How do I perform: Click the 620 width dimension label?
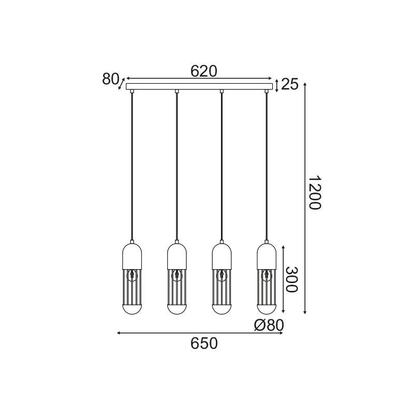(x=204, y=71)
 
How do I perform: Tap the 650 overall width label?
(x=204, y=344)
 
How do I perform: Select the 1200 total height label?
(x=315, y=193)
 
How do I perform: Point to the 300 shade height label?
(x=291, y=279)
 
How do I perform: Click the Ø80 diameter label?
(x=269, y=325)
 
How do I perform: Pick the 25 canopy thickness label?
(x=290, y=84)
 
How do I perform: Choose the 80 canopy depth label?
(x=111, y=79)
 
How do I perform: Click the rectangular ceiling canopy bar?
(x=199, y=86)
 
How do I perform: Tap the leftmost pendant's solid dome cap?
(x=132, y=256)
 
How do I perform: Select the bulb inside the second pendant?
(x=177, y=275)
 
